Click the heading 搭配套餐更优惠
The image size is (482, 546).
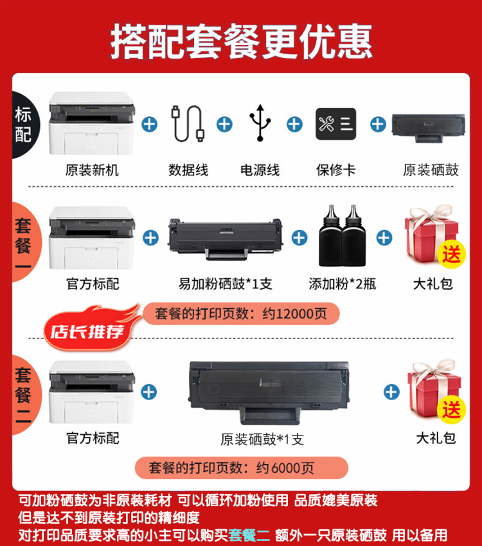(x=241, y=40)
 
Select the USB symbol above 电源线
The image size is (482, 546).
(x=260, y=122)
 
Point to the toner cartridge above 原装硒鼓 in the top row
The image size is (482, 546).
(x=428, y=126)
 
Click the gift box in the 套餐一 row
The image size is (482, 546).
(x=433, y=234)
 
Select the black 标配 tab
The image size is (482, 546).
(x=23, y=125)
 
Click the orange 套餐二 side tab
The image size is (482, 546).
(x=23, y=393)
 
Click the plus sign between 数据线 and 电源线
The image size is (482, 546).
(x=224, y=123)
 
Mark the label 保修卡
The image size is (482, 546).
(x=335, y=170)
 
